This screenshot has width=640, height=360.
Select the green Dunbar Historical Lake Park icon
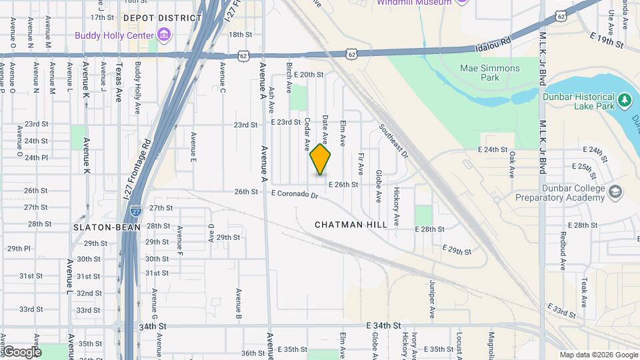point(625,101)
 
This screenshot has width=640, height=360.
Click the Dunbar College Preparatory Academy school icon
point(615,193)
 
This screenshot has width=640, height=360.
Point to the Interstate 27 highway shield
point(136,209)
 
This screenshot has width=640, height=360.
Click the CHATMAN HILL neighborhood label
point(351,225)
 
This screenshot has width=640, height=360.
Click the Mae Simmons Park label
point(490,73)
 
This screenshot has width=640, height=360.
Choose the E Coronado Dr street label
point(300,195)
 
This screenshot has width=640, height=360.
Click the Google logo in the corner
point(22,351)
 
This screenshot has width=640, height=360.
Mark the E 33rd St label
point(562,310)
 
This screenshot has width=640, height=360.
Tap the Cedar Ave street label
point(307,134)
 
